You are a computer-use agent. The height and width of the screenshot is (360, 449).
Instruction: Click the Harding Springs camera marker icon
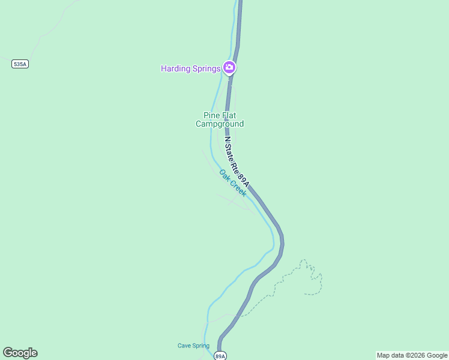point(229,68)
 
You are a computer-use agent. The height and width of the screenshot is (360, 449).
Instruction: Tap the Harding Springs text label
point(190,68)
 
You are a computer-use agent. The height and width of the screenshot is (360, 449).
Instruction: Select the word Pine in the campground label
point(212,115)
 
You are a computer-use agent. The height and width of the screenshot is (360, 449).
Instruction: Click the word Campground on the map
point(220,124)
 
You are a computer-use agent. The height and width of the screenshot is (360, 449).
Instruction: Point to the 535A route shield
point(20,64)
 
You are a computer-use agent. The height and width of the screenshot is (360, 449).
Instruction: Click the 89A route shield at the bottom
point(220,356)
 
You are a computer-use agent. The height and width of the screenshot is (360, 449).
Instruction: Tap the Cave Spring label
point(193,346)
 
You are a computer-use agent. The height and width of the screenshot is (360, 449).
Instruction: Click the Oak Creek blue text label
point(233,182)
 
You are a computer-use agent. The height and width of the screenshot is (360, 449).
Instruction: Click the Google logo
point(20,353)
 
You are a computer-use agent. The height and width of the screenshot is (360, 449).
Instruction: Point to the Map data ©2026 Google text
point(412,355)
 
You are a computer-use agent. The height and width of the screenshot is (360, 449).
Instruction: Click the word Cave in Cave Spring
point(184,346)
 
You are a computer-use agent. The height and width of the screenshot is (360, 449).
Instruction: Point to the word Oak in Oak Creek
point(224,175)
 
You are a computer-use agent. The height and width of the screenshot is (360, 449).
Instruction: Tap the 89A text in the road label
point(243,178)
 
